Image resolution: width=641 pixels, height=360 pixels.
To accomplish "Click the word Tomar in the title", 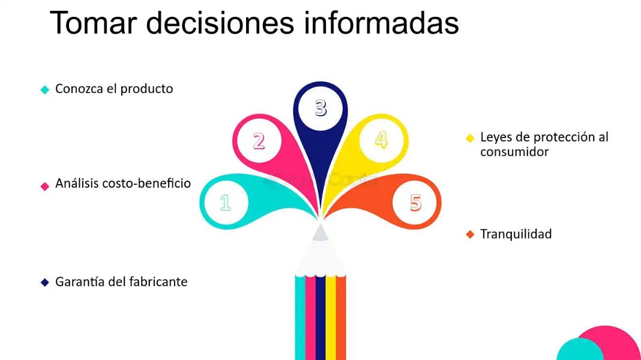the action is point(93,23).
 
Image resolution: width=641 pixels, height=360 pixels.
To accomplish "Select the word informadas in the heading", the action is point(381,23).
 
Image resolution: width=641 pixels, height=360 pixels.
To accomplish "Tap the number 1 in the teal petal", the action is point(225,202).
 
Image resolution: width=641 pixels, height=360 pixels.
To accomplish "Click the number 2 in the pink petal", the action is point(259,141).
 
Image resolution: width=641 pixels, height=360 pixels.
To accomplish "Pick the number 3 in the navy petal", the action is point(321,108).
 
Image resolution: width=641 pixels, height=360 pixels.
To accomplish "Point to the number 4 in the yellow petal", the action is point(381,140).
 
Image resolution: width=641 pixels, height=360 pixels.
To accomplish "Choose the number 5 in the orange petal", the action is point(415,202).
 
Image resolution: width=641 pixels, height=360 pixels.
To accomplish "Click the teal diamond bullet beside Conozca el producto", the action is point(45,89).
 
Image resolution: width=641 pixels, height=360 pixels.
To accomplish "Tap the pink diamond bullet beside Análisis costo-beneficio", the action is point(45,186).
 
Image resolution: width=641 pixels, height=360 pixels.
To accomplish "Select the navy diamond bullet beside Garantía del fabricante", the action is point(45,283).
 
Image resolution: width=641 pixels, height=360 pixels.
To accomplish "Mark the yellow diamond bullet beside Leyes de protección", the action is point(470,138).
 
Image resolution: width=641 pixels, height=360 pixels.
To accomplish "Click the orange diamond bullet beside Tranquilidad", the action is point(470,235).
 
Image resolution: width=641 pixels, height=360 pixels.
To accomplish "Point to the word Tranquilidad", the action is point(516,234).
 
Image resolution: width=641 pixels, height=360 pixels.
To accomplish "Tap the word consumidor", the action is point(514,152).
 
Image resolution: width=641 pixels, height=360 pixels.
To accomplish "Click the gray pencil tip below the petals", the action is point(320,232).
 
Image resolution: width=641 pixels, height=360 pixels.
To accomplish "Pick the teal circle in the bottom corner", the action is point(579,350).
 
